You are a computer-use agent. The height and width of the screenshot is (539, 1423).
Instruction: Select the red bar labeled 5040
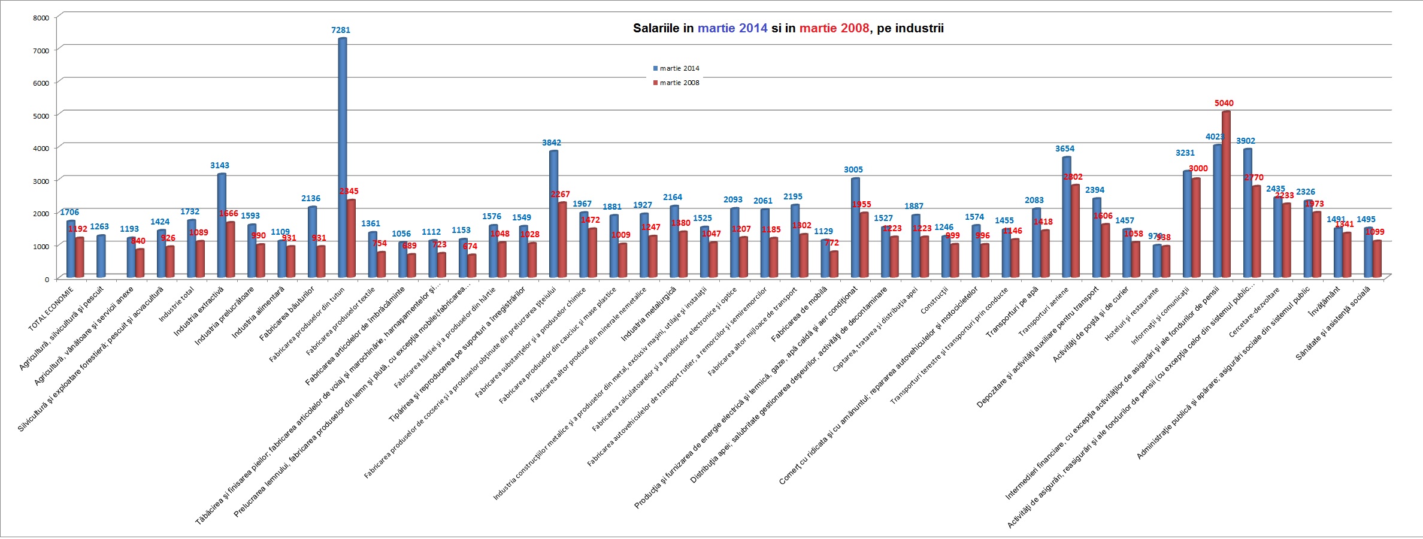[x=1226, y=194]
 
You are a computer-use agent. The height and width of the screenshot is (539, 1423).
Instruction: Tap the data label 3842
[x=552, y=143]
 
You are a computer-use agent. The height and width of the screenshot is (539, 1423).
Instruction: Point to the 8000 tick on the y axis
[x=41, y=18]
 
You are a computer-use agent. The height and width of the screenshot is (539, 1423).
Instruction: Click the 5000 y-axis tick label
[x=41, y=116]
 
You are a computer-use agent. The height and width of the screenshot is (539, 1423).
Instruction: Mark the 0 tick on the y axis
[x=47, y=279]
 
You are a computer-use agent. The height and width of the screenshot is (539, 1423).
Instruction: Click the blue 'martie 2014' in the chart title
[x=732, y=28]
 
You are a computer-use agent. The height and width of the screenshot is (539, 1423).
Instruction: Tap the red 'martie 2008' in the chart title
[x=834, y=28]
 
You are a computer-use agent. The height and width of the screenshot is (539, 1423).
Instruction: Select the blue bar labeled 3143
[x=222, y=225]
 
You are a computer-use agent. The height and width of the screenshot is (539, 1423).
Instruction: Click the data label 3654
[x=1064, y=149]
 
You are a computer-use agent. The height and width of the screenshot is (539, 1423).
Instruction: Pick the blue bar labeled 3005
[x=855, y=227]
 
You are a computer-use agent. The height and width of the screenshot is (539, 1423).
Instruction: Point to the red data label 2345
[x=349, y=191]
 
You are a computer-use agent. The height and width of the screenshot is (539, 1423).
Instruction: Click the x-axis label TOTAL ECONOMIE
[x=51, y=308]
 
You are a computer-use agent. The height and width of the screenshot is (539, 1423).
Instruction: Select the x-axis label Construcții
[x=934, y=301]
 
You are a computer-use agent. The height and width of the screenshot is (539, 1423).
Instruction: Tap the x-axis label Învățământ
[x=1325, y=301]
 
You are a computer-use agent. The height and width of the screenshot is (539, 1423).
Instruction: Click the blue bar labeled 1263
[x=101, y=256]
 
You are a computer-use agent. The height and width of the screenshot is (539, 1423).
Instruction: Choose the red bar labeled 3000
[x=1195, y=228]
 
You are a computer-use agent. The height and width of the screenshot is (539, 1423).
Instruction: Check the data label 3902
[x=1245, y=141]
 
